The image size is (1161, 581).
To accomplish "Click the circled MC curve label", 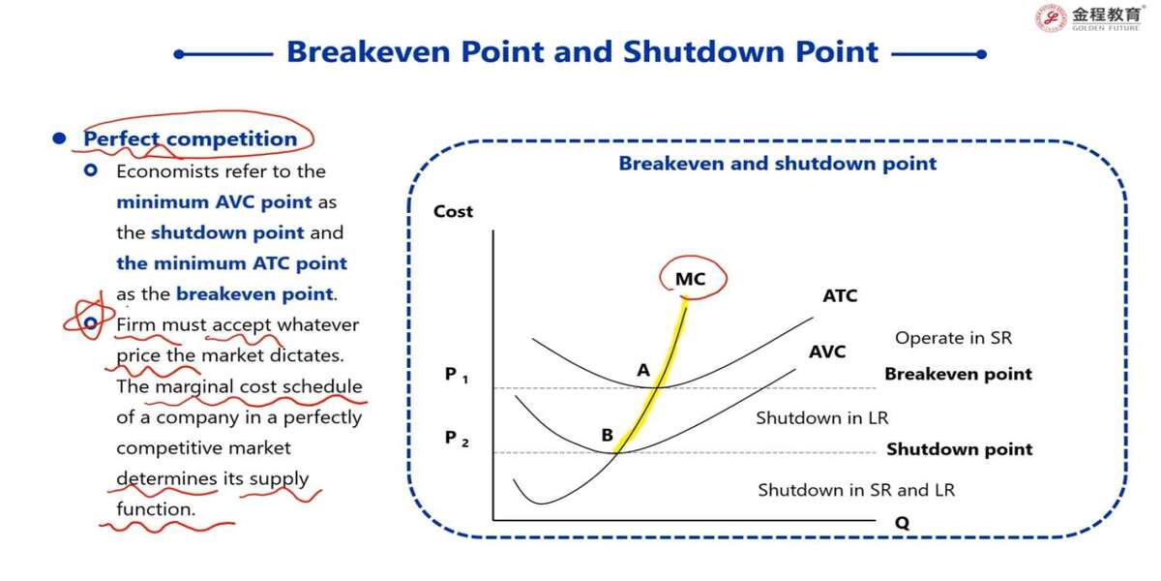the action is pos(691,279).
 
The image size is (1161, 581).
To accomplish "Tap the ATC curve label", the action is pos(840,295).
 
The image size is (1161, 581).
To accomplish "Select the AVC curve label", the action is pos(827,352).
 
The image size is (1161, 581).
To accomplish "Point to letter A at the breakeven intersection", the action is pos(643,370).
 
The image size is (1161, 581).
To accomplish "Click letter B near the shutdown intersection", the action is pos(607,435).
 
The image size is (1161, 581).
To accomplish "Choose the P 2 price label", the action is pos(457,439).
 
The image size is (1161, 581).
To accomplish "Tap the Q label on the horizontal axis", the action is pos(902,522).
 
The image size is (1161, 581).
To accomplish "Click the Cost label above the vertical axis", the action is pos(453,211).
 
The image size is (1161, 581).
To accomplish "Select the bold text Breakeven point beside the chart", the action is pos(959,374).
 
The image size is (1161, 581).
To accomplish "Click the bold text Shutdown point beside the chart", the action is pos(960,448).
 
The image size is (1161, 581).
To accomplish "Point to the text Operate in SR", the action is pos(953,338).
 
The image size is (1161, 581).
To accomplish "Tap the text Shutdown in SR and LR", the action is pos(856,490).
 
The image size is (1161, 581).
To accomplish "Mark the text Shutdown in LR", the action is pos(822,417).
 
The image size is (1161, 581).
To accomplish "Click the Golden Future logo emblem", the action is pos(1051,17).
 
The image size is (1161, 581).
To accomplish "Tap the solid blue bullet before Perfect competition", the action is pos(60,138).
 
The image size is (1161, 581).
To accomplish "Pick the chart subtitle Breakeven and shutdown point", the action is pos(778,164).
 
